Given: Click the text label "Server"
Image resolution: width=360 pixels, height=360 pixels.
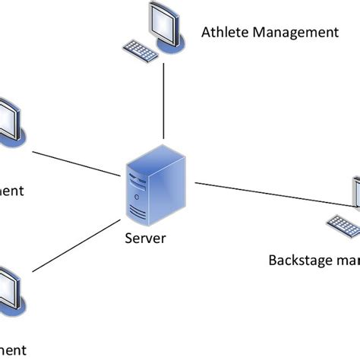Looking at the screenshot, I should tap(144, 238).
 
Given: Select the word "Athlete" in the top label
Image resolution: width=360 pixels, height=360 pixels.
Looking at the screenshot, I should tap(224, 32).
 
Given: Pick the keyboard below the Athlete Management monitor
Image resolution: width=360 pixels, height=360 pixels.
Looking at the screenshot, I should tap(141, 51).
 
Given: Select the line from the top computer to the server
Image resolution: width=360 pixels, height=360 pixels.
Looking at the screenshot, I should tap(163, 103).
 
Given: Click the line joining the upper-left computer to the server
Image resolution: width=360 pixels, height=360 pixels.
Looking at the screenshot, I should tap(76, 164).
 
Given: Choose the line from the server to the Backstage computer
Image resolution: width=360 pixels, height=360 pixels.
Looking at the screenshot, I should tap(273, 193).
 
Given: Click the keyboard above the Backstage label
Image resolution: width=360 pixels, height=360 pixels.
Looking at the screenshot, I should tap(344, 226).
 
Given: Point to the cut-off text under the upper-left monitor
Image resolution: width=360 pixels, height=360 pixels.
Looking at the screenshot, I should tap(12, 190).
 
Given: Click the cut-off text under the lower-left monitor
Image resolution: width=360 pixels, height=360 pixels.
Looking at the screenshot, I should tap(12, 349).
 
